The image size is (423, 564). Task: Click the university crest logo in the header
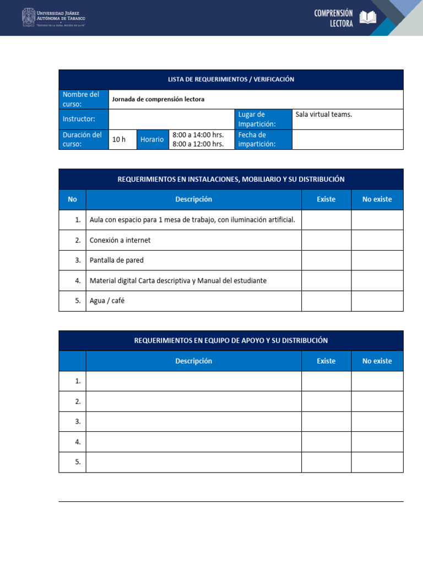click(x=28, y=17)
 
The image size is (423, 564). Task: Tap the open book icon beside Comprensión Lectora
click(x=368, y=18)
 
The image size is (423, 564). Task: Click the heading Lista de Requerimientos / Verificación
click(x=231, y=79)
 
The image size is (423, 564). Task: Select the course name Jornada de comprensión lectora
click(x=158, y=100)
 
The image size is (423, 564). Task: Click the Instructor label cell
click(x=84, y=119)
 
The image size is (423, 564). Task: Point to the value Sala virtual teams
click(x=323, y=115)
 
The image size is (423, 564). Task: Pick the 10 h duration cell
click(x=119, y=139)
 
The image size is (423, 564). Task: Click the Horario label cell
click(x=152, y=139)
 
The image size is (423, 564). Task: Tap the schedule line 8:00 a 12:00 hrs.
click(x=198, y=144)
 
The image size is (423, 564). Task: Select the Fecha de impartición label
click(x=263, y=139)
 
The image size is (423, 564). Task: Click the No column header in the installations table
click(x=73, y=199)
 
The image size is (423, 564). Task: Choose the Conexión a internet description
click(x=120, y=240)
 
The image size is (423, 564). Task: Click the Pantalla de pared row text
click(x=117, y=260)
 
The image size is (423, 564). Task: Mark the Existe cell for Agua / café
click(x=326, y=301)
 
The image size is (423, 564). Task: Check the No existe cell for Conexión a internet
click(x=377, y=240)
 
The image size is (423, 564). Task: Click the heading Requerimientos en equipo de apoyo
click(x=231, y=341)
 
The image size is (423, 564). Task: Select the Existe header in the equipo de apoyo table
click(x=326, y=361)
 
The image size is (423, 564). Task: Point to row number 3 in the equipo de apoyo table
click(x=78, y=421)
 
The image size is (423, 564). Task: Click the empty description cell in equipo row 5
click(x=193, y=462)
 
